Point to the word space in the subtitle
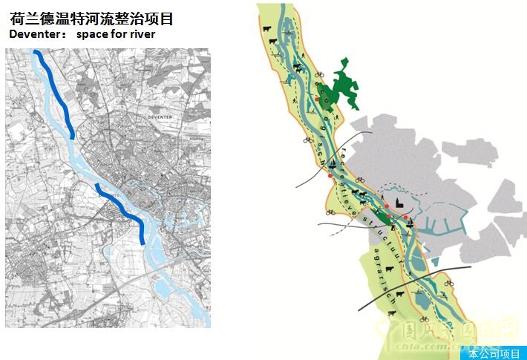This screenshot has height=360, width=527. click(x=94, y=35)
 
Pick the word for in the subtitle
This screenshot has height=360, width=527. click(x=122, y=35)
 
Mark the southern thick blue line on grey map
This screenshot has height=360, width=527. click(x=123, y=211)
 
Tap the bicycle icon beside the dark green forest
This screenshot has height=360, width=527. click(x=321, y=74)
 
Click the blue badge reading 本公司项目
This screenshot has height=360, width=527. click(x=494, y=353)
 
